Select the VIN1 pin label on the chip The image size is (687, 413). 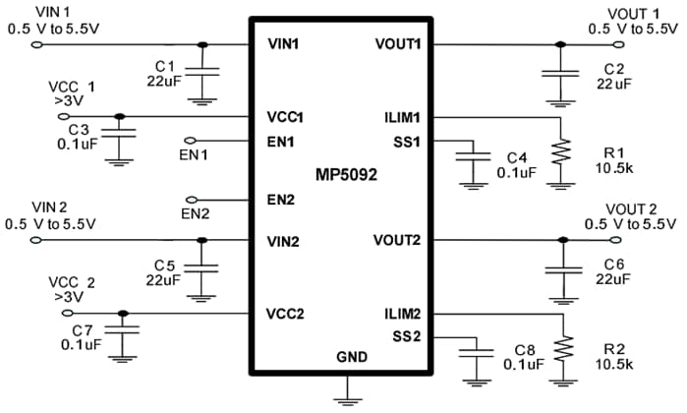click(x=283, y=45)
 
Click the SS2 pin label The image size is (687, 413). click(x=406, y=338)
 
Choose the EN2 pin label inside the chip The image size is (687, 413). click(x=281, y=201)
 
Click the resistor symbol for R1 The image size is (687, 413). click(x=560, y=151)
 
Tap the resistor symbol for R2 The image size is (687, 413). click(x=560, y=348)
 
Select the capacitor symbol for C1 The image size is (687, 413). click(x=202, y=73)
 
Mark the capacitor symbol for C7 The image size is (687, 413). click(x=123, y=332)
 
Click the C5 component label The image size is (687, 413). click(x=164, y=265)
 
